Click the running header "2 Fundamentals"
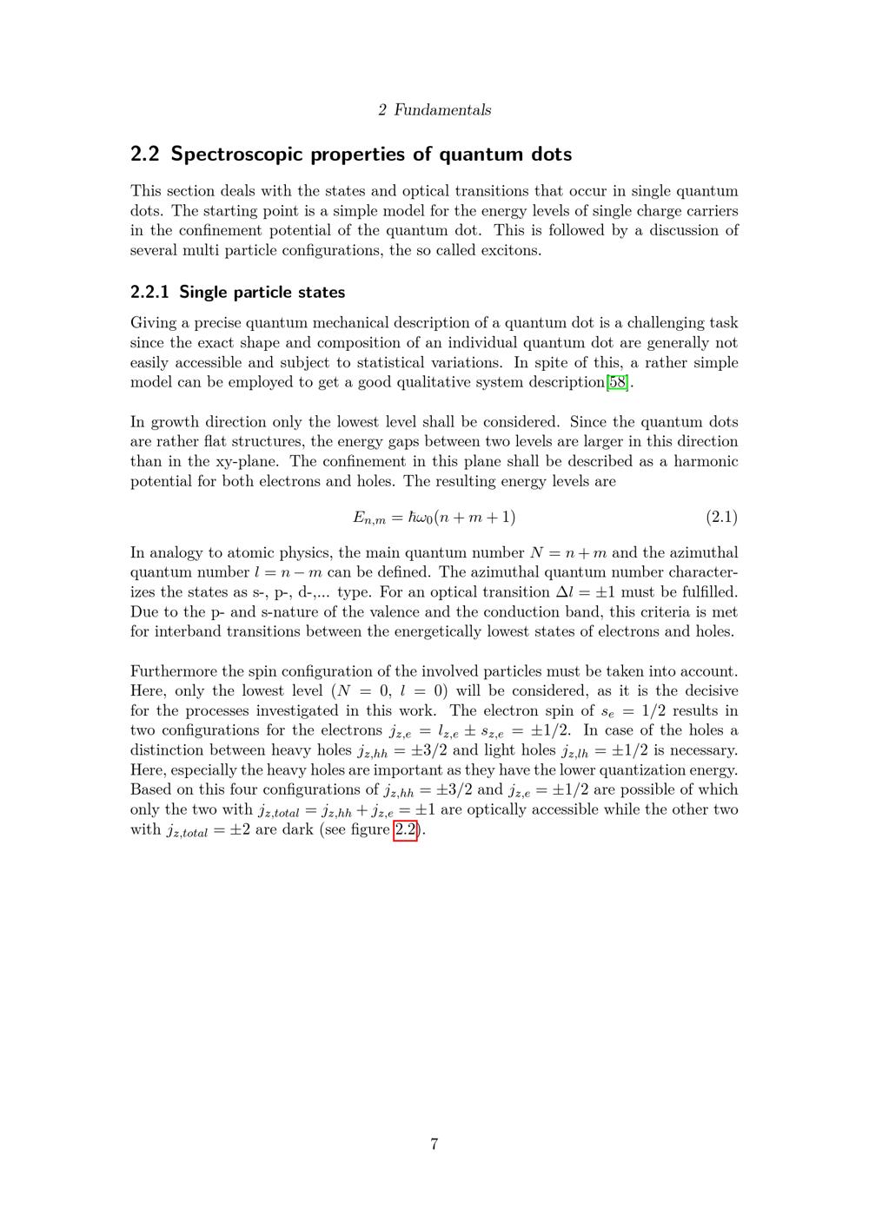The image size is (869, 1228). click(434, 110)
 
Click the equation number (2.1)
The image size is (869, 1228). click(721, 518)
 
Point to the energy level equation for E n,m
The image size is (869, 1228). click(434, 518)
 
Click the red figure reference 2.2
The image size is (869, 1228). click(406, 829)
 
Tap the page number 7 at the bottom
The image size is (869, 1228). click(434, 1144)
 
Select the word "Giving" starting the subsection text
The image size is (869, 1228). click(153, 323)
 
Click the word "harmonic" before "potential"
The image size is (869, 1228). click(706, 462)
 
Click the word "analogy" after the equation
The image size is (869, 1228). click(176, 553)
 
